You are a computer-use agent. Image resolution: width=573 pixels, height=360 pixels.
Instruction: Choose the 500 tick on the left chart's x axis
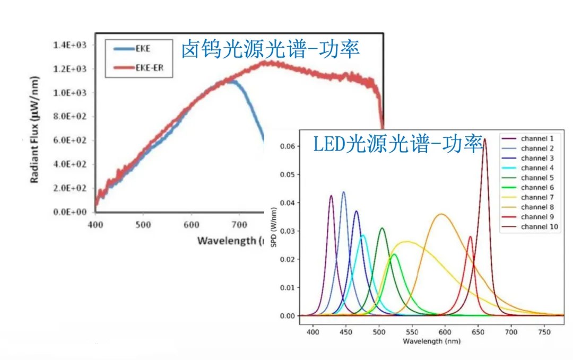[x=143, y=224]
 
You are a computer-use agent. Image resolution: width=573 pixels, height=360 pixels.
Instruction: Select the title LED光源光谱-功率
[x=397, y=144]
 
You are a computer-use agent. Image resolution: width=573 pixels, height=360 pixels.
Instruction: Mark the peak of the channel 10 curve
[x=484, y=139]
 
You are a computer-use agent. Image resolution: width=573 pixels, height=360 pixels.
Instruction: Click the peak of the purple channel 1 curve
[x=331, y=196]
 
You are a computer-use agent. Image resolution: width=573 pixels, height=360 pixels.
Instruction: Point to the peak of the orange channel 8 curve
[x=441, y=214]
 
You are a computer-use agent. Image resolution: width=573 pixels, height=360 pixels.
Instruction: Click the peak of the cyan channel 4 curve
[x=363, y=235]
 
